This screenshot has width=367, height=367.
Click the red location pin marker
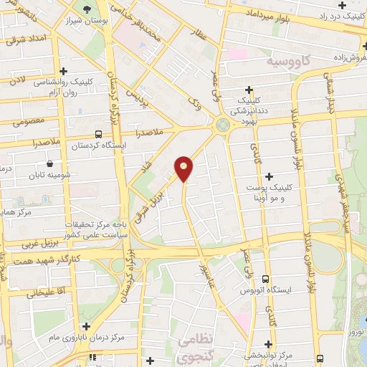(x=184, y=168)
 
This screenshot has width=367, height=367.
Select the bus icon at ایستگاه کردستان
(x=97, y=134)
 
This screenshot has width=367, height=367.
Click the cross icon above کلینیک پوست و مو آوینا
(x=269, y=176)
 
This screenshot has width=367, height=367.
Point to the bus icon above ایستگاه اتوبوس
(x=265, y=279)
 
